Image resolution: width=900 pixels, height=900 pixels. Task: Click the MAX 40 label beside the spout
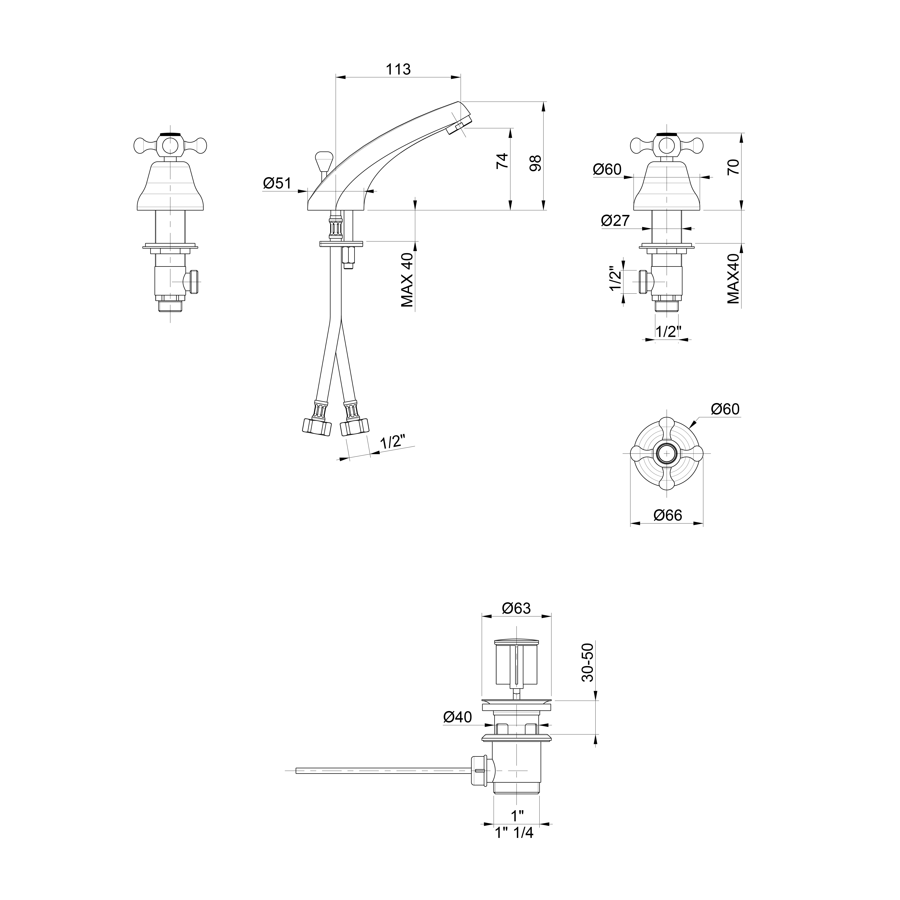[x=407, y=280]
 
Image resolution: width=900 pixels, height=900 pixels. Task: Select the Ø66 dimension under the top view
[x=667, y=515]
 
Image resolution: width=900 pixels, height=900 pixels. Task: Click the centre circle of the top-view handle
[x=667, y=453]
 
